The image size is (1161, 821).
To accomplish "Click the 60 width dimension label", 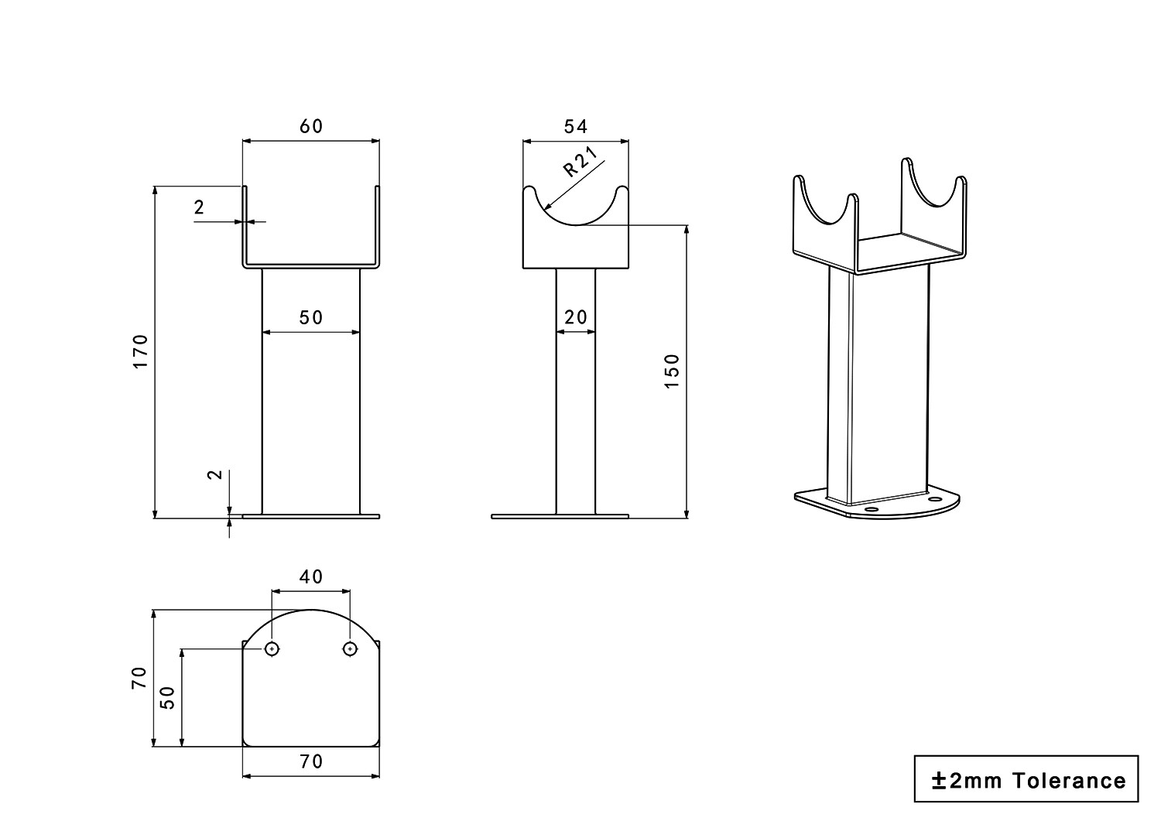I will coord(311,126).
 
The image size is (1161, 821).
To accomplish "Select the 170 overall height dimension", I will coord(140,351).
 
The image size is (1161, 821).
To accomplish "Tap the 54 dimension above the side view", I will coord(576,126).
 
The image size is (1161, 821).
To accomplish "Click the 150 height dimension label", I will coord(672,371).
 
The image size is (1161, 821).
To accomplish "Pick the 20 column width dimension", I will coord(576,317).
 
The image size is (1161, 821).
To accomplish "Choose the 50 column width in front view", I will coord(311,317).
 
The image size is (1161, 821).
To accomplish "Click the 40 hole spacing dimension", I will coord(311,576).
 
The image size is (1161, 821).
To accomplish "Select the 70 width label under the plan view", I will coord(311,761).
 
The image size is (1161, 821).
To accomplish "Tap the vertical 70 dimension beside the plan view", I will coord(139,678).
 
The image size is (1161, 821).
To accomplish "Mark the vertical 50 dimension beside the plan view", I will coord(168,697).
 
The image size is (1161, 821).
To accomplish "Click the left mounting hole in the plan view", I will coord(272,648).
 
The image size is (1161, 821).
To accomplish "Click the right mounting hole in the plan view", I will coord(351,648).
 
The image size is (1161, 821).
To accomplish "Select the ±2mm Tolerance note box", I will coord(1026,779).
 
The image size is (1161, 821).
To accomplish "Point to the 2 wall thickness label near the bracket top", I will coord(200,207).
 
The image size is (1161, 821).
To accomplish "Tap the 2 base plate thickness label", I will coord(217,474).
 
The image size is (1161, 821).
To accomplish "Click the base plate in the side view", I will coord(560,516).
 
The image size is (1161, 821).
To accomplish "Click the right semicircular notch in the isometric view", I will coord(936,186).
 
